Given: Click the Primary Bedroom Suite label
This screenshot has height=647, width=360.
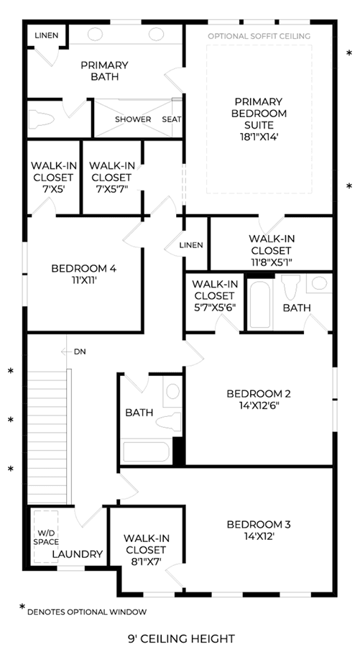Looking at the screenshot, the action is (259, 113).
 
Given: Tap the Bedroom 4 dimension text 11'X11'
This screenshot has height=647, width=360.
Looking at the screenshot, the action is (83, 280).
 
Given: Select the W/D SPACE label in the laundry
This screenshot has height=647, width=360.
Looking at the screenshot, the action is (46, 538).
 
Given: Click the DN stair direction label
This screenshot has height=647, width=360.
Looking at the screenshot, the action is (80, 352).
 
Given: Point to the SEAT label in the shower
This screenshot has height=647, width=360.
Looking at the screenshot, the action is (172, 119).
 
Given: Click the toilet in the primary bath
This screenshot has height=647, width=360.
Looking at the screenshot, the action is (41, 119).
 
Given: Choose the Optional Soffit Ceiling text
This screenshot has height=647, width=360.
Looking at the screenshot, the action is (259, 37).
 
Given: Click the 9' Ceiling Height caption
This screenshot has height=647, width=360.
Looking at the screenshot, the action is (182, 638).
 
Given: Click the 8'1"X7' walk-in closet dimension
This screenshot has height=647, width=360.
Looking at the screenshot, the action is (146, 561).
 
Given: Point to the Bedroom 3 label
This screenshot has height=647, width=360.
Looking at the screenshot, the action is (259, 525).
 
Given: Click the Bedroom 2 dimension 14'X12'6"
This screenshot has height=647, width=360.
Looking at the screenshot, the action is (259, 405).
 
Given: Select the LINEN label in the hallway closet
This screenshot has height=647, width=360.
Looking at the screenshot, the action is (191, 245).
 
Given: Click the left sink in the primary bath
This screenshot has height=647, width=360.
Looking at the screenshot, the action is (96, 35).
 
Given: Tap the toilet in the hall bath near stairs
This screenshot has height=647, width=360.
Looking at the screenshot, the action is (169, 422).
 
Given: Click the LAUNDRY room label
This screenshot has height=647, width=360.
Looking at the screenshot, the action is (78, 554).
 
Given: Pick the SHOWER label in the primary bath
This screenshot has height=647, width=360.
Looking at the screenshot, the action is (133, 119).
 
